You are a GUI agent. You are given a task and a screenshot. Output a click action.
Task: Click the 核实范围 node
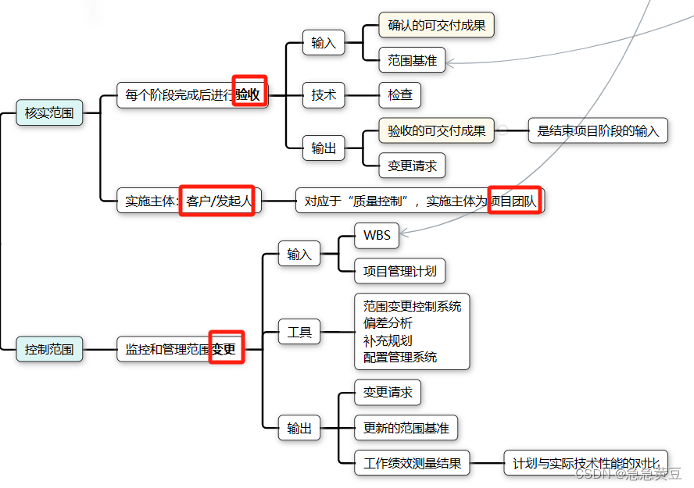click(x=49, y=113)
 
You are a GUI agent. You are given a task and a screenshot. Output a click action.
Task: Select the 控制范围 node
click(x=49, y=349)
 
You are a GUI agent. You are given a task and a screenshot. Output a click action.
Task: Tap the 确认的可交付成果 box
click(x=436, y=25)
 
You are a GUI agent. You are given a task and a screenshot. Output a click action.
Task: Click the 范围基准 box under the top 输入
click(x=412, y=60)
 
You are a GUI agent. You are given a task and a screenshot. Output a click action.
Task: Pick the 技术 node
click(x=324, y=95)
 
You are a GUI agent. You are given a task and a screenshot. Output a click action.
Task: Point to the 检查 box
click(x=400, y=95)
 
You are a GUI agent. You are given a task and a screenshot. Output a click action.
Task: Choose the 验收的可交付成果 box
click(x=436, y=130)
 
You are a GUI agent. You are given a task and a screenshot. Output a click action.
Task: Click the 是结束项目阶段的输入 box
click(x=598, y=130)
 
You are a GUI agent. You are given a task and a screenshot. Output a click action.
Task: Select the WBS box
click(x=377, y=235)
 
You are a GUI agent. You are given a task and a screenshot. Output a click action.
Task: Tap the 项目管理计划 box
click(x=399, y=271)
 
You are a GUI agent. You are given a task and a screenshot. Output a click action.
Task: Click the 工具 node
click(x=299, y=333)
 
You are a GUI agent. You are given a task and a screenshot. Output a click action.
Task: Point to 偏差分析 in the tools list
click(x=388, y=322)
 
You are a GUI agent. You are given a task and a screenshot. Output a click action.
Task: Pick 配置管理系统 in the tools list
click(x=400, y=358)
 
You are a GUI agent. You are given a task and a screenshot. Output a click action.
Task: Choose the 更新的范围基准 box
click(x=406, y=428)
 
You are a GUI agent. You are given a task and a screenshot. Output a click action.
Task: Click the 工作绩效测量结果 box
click(x=412, y=463)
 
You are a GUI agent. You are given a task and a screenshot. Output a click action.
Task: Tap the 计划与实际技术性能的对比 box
click(x=586, y=463)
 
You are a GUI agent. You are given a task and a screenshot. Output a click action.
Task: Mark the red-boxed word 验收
click(x=249, y=95)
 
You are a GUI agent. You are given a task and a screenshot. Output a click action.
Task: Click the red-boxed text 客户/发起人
click(x=218, y=201)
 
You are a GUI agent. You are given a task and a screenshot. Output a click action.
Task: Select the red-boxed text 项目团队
click(x=514, y=201)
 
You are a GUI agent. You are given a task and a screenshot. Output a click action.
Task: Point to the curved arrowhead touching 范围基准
click(x=451, y=62)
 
